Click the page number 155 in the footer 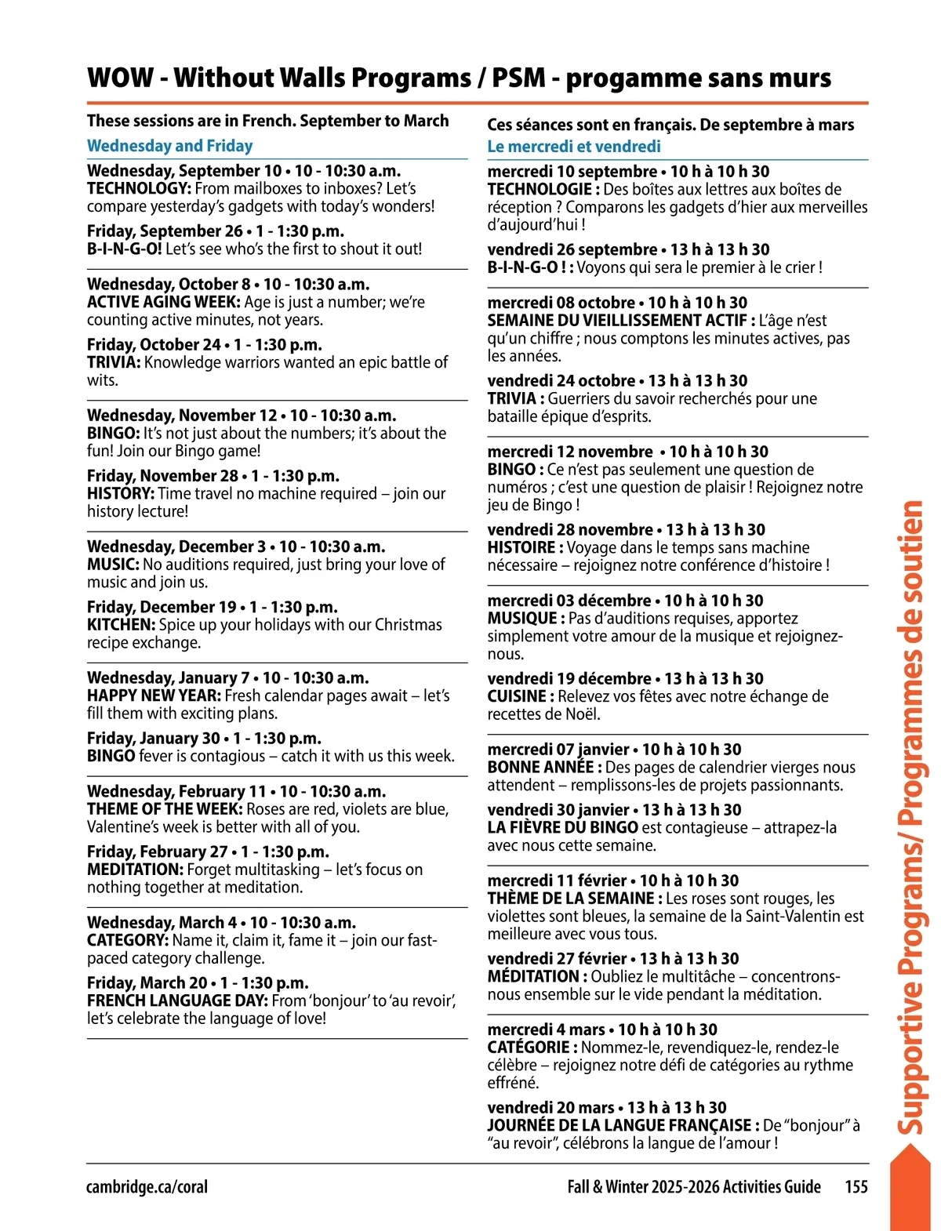[x=856, y=1186]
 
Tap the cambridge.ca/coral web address [x=147, y=1187]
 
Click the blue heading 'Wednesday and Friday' [x=169, y=146]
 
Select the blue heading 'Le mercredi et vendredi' [x=574, y=147]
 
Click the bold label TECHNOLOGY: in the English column [x=139, y=189]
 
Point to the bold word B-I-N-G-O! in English [x=124, y=249]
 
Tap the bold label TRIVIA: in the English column [x=114, y=363]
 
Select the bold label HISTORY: [x=121, y=494]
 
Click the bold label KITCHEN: [x=121, y=625]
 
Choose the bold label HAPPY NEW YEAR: [x=154, y=696]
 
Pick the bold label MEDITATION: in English [x=135, y=870]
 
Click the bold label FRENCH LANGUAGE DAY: [x=177, y=1001]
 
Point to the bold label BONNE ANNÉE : [x=544, y=768]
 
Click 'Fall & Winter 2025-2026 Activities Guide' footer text [x=694, y=1186]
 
